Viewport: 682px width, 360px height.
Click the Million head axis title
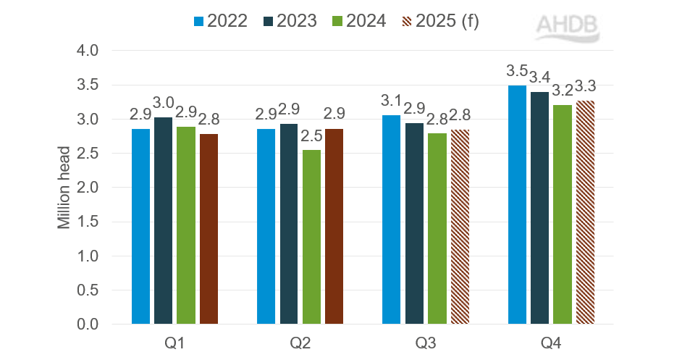point(64,188)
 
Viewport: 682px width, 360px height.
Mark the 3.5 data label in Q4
point(515,72)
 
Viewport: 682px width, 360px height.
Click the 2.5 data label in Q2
point(311,136)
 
